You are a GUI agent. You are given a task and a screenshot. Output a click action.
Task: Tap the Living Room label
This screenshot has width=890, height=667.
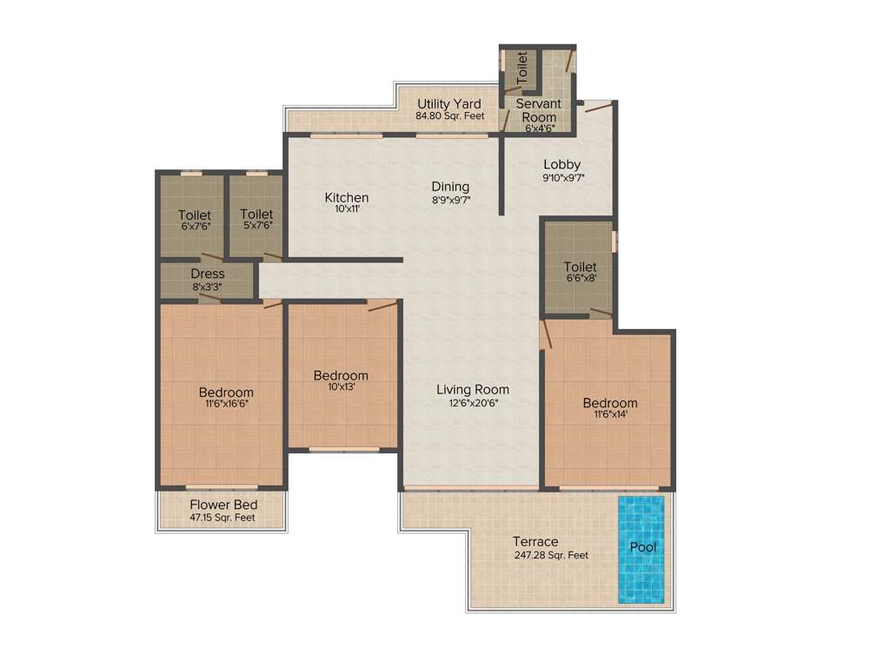[x=473, y=389]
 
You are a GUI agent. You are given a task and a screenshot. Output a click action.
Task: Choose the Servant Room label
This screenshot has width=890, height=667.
[x=539, y=110]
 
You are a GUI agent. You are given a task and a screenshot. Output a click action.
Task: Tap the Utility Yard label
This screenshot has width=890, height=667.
[x=448, y=103]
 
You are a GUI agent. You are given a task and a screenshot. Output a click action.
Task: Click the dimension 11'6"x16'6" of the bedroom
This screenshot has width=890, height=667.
[x=226, y=404]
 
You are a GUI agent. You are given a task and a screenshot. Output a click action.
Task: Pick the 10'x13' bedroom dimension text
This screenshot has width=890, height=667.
[x=341, y=387]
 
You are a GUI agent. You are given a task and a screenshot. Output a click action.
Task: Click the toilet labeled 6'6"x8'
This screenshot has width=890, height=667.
[x=580, y=272]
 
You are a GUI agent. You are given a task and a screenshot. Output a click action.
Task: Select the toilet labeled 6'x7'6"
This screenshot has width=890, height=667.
[x=194, y=220]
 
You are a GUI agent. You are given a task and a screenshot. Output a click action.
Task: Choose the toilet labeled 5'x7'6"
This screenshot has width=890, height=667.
[x=256, y=220]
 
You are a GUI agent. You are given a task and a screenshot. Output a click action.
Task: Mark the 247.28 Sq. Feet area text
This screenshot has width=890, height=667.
[x=551, y=555]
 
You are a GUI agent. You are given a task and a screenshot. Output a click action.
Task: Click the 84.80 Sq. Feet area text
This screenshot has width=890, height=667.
[x=449, y=116]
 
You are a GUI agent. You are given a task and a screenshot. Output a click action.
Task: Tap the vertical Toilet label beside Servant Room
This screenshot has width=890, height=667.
[x=522, y=67]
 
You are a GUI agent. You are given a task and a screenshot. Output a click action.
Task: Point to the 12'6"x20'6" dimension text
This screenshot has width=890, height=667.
[x=473, y=403]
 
